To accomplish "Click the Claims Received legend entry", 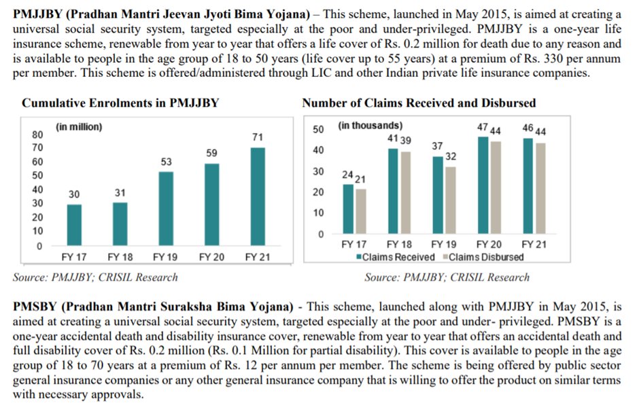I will click(x=394, y=257).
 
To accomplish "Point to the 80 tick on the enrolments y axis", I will click(x=38, y=134).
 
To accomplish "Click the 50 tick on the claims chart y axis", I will click(x=317, y=129).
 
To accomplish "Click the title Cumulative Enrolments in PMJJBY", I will click(x=121, y=103).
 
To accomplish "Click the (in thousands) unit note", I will click(x=370, y=126).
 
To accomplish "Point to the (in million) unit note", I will click(x=79, y=126).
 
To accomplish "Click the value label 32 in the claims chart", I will click(x=449, y=157).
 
